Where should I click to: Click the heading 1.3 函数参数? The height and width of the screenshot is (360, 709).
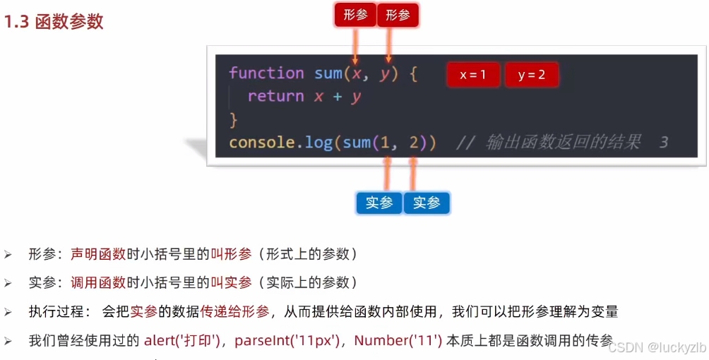(54, 22)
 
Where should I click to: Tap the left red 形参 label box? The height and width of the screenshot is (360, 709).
(355, 15)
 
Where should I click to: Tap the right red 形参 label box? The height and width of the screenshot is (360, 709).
(398, 15)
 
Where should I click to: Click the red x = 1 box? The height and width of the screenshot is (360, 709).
(473, 75)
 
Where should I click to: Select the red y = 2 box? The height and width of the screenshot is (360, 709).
(532, 75)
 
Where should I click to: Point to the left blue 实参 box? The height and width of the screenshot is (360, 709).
(379, 203)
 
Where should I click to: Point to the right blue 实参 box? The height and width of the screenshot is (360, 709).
(427, 203)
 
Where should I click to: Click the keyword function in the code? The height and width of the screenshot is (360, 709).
(266, 73)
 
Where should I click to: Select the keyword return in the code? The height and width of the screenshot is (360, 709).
(275, 97)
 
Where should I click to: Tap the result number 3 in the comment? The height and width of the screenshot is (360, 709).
(663, 143)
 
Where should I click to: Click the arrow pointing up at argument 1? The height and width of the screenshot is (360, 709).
(386, 174)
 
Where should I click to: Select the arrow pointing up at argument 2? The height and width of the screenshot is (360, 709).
(413, 174)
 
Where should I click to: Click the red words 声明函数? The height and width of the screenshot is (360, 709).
(98, 254)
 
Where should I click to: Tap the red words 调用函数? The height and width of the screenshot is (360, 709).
(98, 283)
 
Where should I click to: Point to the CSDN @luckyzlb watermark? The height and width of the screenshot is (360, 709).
(657, 347)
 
